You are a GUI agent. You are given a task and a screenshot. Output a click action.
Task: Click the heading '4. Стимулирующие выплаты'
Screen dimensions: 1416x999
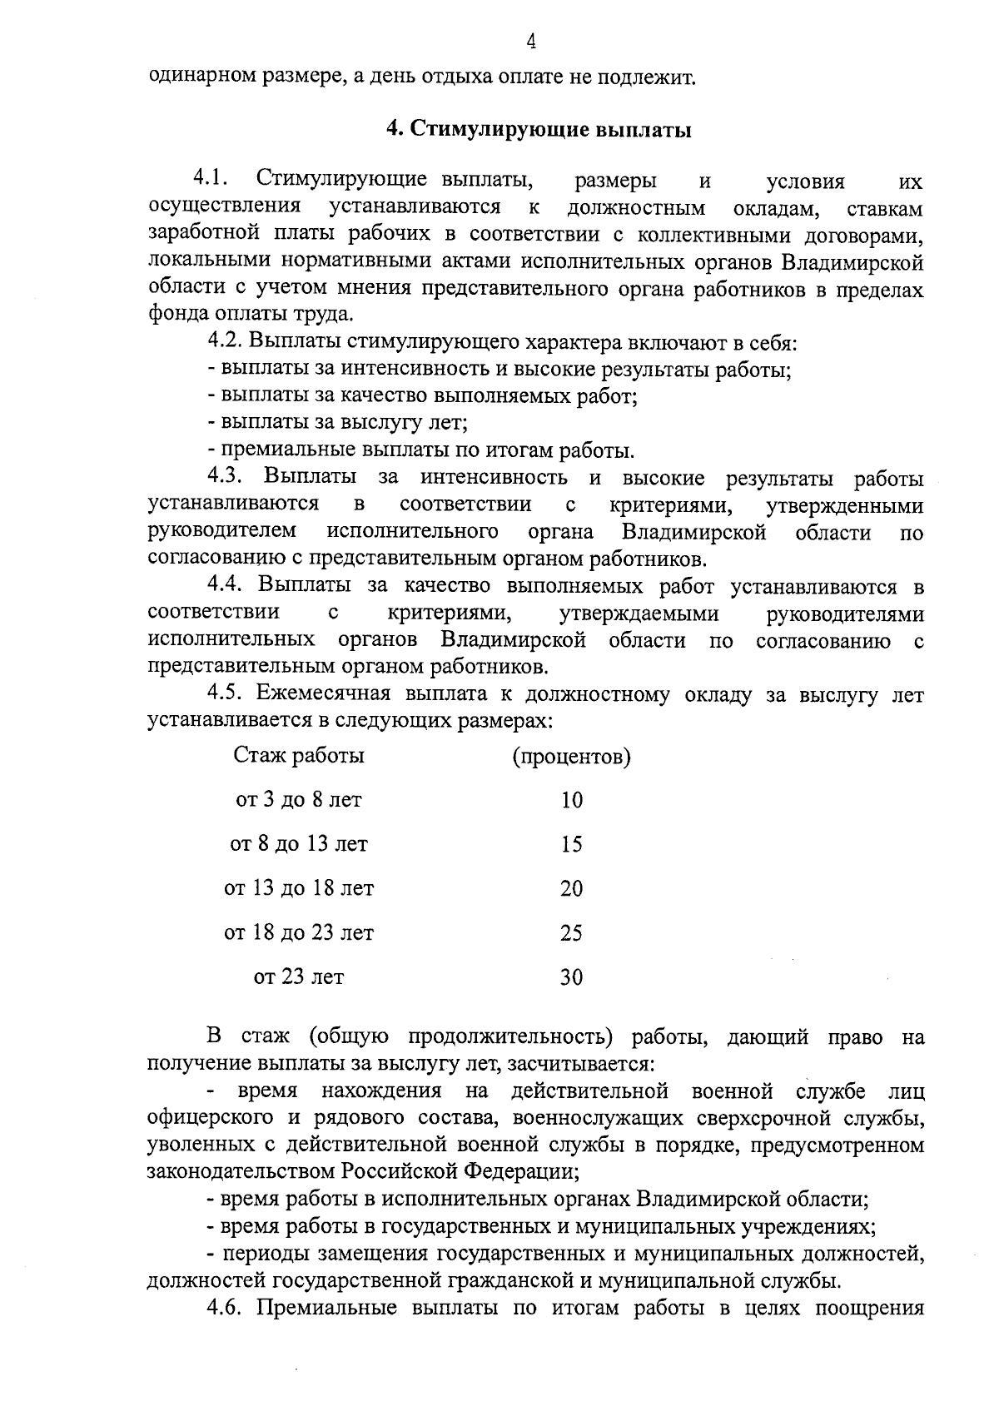point(539,130)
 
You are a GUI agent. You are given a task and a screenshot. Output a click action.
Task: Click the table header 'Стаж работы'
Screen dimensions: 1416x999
point(299,756)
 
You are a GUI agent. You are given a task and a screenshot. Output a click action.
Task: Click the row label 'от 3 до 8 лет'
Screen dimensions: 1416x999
point(299,800)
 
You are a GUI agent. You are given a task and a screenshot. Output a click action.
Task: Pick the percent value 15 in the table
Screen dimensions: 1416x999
point(571,845)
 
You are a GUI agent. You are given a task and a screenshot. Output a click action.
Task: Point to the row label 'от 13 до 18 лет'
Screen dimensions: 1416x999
point(299,888)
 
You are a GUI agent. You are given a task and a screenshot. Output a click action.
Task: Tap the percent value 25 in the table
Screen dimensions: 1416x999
point(571,933)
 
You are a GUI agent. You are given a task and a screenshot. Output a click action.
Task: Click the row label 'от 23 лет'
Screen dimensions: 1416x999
point(299,976)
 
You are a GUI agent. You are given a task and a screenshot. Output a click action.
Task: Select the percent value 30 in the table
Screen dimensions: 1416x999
point(571,977)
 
